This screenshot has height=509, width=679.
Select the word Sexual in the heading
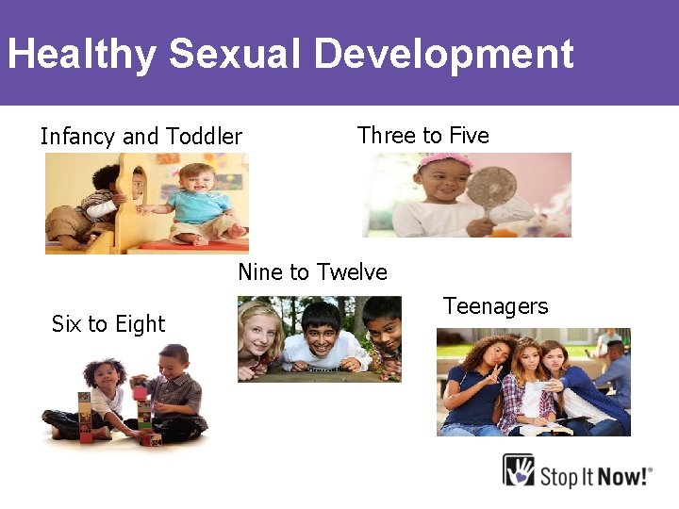[235, 54]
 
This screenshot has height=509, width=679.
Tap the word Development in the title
[443, 54]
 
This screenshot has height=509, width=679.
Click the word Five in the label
[469, 136]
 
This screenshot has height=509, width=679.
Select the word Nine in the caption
[260, 272]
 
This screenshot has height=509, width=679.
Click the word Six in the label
[66, 324]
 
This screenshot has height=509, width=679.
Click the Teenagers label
[495, 306]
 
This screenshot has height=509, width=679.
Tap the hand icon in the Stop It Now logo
[519, 469]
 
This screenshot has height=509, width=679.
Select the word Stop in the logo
[560, 474]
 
